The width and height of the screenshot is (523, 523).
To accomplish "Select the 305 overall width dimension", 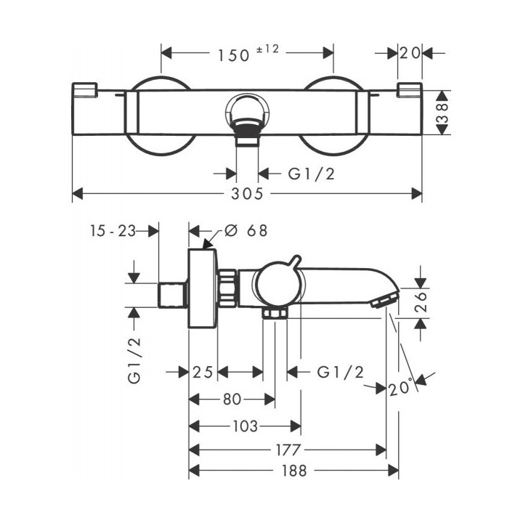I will (248, 194).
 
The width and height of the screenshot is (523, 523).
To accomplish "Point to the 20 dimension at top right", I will (410, 52).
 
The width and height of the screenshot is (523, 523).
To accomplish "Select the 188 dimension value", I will (294, 470).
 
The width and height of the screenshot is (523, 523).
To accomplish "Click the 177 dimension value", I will (288, 450).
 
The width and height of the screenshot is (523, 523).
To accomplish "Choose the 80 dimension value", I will (232, 399).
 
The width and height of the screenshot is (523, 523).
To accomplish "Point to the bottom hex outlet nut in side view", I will (276, 313).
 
